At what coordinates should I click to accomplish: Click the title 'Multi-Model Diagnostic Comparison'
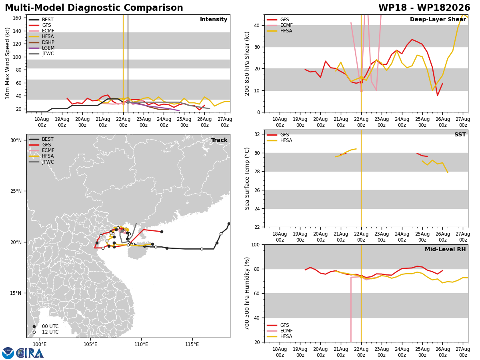(x=94, y=8)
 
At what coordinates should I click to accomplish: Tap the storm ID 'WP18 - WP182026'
(x=424, y=8)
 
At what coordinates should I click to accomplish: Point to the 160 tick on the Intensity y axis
(x=17, y=18)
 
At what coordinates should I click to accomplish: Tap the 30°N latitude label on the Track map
(x=16, y=140)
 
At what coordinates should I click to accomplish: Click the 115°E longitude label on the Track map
(x=192, y=344)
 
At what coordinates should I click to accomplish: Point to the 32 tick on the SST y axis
(x=257, y=134)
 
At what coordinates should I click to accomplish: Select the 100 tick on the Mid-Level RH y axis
(x=256, y=244)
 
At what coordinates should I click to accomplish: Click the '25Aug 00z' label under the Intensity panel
(x=184, y=122)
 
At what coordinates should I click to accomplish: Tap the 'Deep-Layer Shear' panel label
(x=438, y=19)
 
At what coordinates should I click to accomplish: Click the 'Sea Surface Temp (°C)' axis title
(x=247, y=178)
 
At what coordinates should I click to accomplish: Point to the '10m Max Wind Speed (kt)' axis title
(x=7, y=63)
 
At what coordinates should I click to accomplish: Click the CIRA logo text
(x=30, y=353)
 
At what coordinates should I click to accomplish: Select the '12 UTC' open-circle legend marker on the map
(x=34, y=332)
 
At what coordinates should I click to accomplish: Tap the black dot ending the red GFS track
(x=162, y=232)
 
